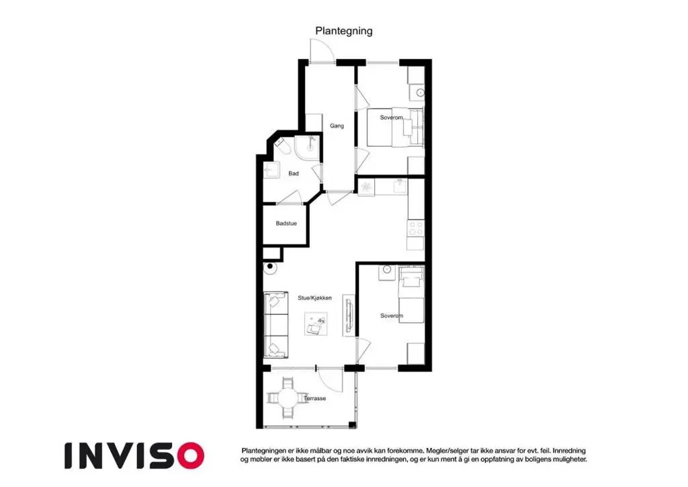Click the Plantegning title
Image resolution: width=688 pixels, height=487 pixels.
click(344, 31)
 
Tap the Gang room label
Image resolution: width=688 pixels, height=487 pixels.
click(337, 126)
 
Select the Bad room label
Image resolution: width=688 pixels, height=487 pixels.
click(294, 174)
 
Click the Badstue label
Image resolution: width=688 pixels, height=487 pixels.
click(286, 223)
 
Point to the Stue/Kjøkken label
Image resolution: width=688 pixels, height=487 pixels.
click(314, 298)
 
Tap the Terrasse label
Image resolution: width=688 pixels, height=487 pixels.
click(315, 398)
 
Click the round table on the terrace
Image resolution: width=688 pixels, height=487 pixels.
click(288, 399)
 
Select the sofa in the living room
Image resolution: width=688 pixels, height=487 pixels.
click(276, 324)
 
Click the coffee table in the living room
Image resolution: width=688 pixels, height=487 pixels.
click(316, 324)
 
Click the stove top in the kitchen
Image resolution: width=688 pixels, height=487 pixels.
click(415, 228)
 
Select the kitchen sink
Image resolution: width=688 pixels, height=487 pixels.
click(400, 186)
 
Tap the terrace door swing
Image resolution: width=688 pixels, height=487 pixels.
click(330, 379)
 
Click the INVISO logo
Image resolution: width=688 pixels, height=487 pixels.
click(134, 455)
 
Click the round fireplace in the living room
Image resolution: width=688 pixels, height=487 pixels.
click(270, 267)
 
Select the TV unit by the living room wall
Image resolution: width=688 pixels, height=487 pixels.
click(349, 315)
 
